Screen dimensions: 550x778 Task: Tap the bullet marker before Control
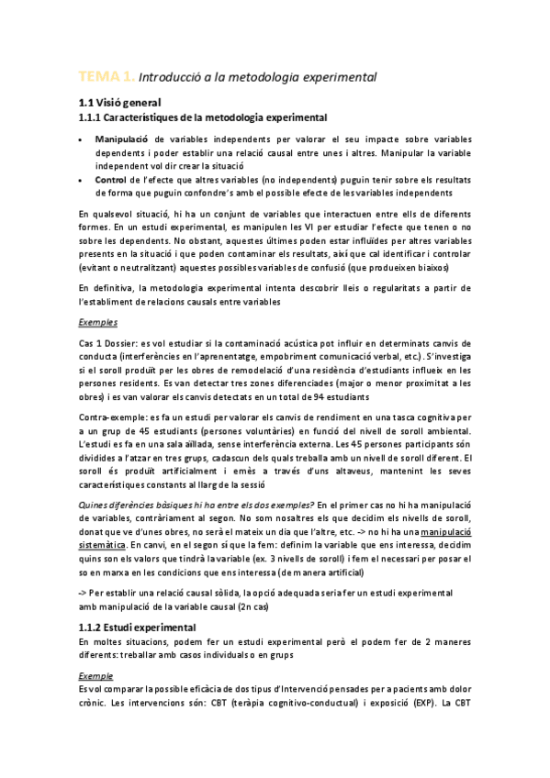(82, 181)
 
